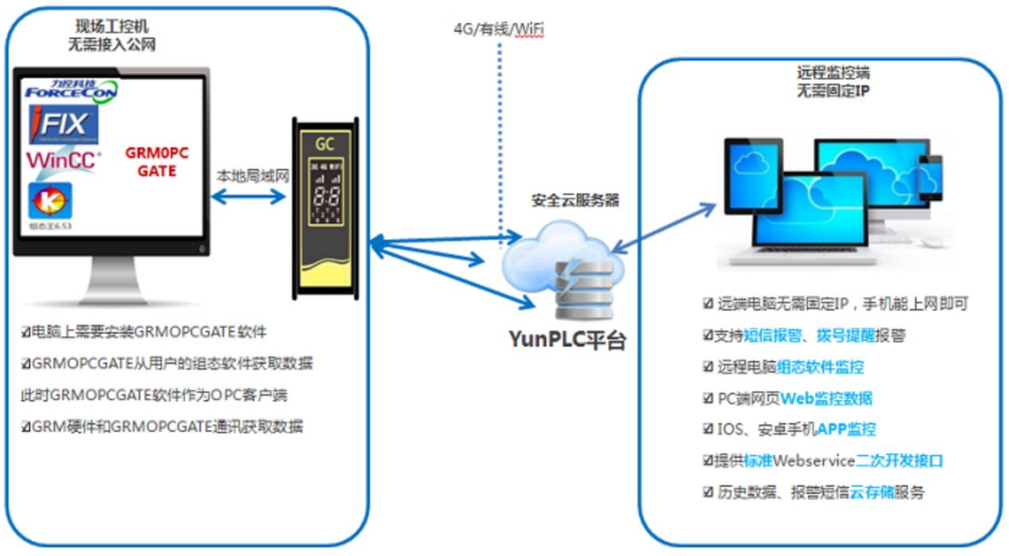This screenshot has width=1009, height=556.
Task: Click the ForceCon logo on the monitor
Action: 70,89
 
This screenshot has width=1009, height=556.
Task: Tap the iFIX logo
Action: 64,125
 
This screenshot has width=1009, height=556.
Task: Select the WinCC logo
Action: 63,161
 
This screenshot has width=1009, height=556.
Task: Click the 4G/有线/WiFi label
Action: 499,29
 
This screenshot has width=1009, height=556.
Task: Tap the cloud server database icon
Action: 587,286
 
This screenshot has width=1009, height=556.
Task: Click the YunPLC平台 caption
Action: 568,340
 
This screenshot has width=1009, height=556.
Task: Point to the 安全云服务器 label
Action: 575,201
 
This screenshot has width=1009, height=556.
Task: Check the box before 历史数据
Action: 707,492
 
